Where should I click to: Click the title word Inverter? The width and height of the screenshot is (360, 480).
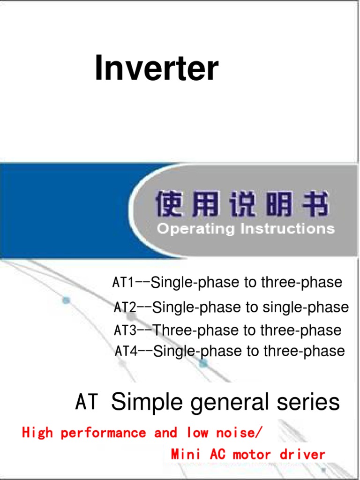tap(157, 68)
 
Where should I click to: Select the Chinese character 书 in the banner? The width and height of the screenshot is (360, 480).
tap(315, 205)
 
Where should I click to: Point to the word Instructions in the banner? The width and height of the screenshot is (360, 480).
tap(287, 229)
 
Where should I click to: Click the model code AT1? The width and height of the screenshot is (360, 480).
tap(123, 282)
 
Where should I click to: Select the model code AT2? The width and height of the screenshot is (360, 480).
tap(125, 307)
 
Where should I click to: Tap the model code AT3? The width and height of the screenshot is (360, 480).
tap(125, 330)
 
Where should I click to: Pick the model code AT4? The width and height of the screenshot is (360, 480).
tap(126, 351)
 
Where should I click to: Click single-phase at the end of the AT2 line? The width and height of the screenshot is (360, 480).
tap(306, 307)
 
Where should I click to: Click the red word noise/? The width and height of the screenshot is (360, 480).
tap(236, 433)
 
